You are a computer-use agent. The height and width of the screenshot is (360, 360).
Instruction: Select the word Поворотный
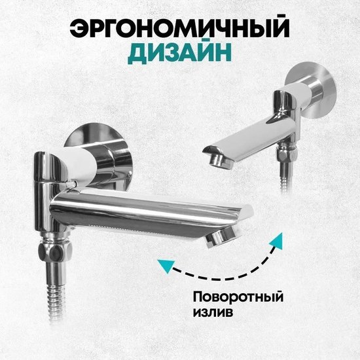click(x=238, y=298)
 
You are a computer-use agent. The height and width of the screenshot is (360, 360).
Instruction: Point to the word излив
click(x=213, y=312)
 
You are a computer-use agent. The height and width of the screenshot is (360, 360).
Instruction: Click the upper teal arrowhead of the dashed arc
click(x=277, y=240)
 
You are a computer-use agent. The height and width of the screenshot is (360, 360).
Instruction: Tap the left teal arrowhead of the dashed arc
click(x=166, y=266)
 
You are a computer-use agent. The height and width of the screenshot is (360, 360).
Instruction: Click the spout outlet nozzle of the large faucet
click(x=221, y=239)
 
